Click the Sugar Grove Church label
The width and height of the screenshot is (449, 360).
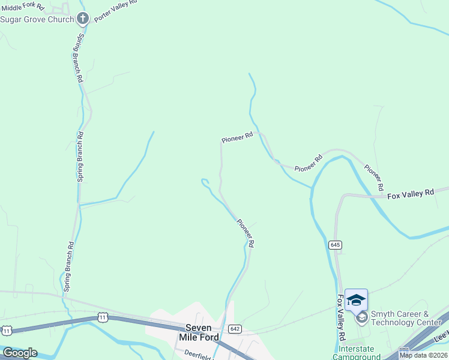[37, 19]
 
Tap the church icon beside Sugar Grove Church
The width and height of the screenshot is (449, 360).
[83, 19]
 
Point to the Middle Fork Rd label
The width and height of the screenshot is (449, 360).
[23, 7]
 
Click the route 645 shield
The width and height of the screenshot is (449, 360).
[335, 245]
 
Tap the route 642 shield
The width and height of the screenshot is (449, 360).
[235, 329]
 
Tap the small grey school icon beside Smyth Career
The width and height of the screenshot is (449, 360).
[361, 318]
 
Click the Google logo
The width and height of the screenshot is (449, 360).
[19, 353]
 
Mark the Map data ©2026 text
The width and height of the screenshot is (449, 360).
[423, 355]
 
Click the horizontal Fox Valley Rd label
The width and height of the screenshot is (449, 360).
[411, 194]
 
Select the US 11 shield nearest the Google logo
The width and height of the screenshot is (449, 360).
[7, 331]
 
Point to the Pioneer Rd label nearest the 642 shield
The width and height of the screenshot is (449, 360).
[246, 233]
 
